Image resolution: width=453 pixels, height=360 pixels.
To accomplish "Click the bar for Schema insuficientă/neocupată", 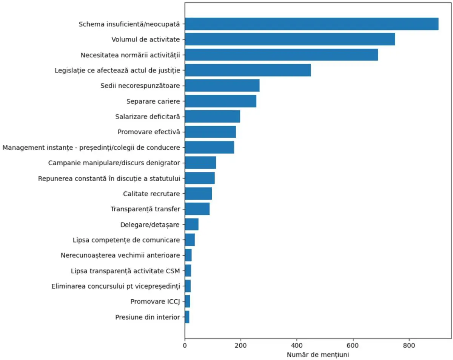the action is (x=311, y=24).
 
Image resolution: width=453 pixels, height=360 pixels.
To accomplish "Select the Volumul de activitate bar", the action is (x=290, y=39).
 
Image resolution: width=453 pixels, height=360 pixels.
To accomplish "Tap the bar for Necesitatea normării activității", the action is (x=281, y=55).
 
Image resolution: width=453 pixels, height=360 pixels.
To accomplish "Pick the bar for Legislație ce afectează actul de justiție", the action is (x=248, y=70).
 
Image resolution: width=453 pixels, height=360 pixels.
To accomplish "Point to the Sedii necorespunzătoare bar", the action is (x=222, y=86).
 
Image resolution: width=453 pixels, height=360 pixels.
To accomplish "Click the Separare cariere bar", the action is (x=220, y=101).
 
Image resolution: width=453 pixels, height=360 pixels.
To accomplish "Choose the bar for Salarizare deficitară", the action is (x=213, y=116).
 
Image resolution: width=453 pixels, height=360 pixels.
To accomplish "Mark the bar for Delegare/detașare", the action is (x=191, y=225).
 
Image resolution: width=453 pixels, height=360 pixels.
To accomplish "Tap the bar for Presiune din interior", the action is (x=187, y=317).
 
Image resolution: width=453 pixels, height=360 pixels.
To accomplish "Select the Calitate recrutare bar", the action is (x=198, y=194).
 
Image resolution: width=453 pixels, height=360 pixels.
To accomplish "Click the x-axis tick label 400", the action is (x=297, y=345).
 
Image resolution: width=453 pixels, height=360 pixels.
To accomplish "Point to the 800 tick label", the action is (x=409, y=345).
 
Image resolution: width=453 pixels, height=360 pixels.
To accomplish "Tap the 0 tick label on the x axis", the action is (x=185, y=345).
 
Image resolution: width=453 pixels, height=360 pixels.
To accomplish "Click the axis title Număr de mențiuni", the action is (x=318, y=355).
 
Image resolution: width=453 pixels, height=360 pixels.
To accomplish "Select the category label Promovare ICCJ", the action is (x=155, y=302).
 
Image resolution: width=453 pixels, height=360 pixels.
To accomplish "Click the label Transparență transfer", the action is (x=145, y=209).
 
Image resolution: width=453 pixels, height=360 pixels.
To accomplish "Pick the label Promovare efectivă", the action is (x=149, y=132).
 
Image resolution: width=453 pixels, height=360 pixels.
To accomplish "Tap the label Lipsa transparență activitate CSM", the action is (x=125, y=271).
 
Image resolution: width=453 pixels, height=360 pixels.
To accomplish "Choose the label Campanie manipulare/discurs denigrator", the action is (x=114, y=163).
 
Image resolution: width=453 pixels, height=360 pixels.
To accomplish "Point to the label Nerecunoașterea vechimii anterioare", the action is (x=120, y=255).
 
